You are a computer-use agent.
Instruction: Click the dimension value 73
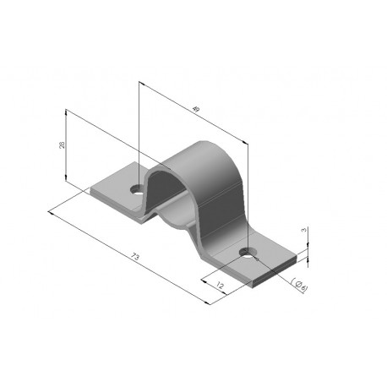click(x=135, y=257)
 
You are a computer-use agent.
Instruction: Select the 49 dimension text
click(x=196, y=109)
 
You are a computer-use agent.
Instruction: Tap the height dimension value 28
click(x=62, y=144)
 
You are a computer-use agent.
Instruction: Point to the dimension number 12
click(x=220, y=286)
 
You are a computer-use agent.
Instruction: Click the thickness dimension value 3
click(x=303, y=230)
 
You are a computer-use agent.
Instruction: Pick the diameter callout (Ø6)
click(x=299, y=286)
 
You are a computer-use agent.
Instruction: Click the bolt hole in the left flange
click(x=137, y=189)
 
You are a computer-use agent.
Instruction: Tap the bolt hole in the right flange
click(x=247, y=253)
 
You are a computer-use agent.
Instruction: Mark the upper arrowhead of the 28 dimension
click(x=66, y=112)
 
